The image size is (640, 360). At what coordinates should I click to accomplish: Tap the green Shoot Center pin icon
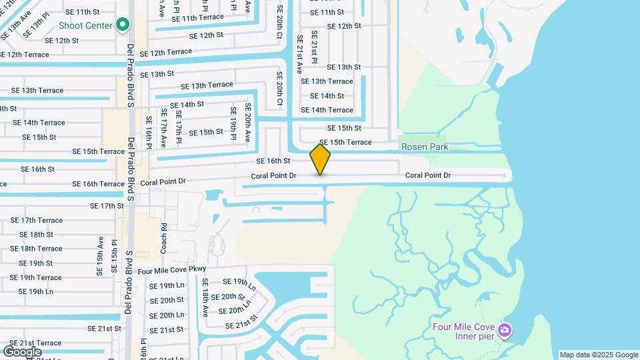(122, 25)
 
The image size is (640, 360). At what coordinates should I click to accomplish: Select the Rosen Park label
(425, 147)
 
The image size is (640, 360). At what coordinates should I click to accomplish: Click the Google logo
(22, 351)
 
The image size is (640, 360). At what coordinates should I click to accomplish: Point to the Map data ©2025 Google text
(598, 355)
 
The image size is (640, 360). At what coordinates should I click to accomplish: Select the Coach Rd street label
(163, 237)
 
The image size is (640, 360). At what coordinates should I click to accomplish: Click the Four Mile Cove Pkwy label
(172, 271)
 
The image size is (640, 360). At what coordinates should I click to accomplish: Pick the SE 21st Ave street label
(300, 54)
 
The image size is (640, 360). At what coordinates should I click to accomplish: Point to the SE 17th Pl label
(178, 127)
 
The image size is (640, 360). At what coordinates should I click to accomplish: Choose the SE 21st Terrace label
(35, 343)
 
